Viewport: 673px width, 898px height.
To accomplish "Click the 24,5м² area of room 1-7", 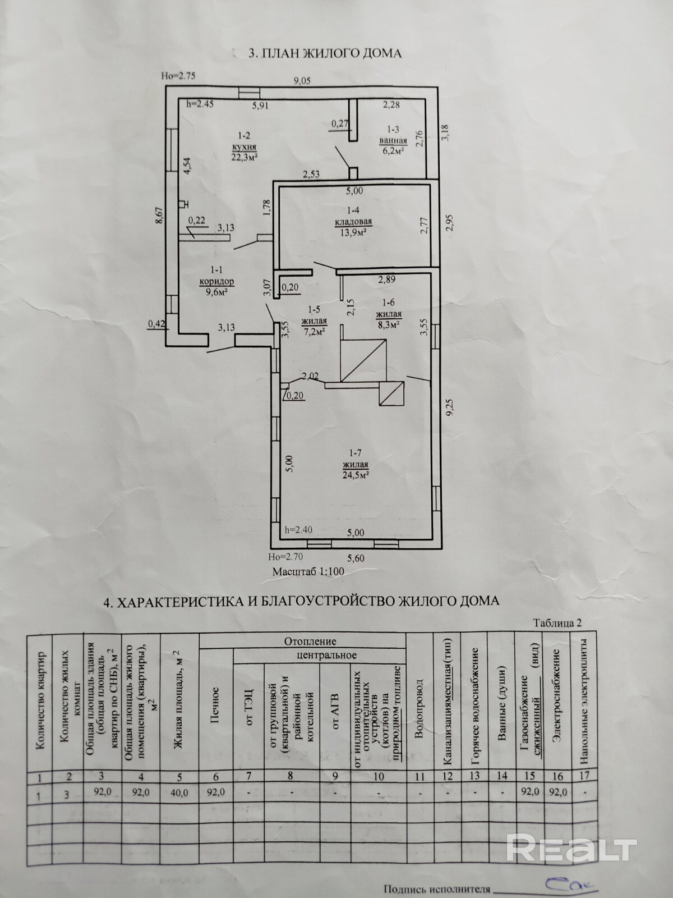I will (356, 475).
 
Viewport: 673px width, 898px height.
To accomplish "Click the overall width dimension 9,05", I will (302, 81).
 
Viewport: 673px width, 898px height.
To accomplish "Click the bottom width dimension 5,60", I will (356, 558).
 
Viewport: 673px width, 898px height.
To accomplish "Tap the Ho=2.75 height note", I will (178, 77).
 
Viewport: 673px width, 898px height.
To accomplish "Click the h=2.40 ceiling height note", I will (298, 529).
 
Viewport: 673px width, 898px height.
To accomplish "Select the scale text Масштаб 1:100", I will (308, 572).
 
